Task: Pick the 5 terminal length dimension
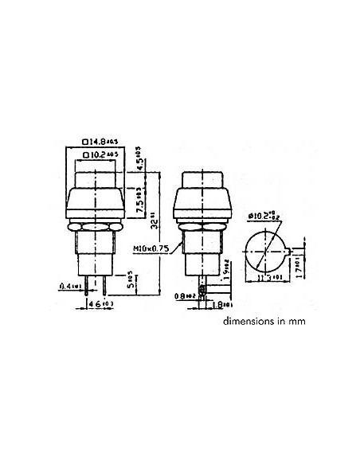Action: [128, 282]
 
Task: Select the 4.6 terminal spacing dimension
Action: [95, 304]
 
